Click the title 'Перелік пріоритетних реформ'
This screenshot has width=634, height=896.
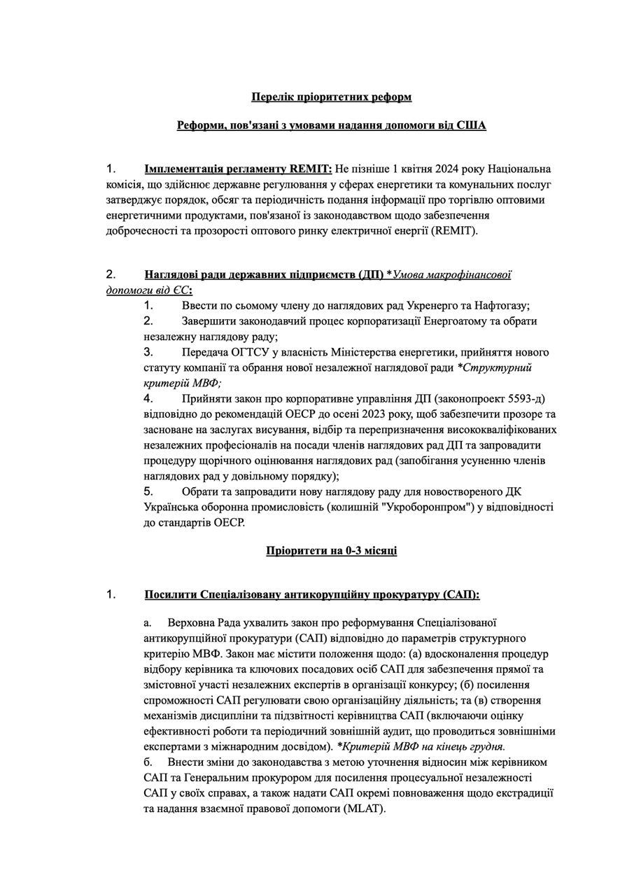pos(332,97)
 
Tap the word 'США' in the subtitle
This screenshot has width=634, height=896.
pos(472,125)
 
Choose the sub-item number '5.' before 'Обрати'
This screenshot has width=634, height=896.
pos(148,491)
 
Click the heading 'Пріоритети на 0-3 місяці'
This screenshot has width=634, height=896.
pos(332,550)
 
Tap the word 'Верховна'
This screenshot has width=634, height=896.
pos(191,622)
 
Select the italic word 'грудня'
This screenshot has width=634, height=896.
pos(486,746)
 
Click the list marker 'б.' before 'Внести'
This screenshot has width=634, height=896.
pos(148,762)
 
